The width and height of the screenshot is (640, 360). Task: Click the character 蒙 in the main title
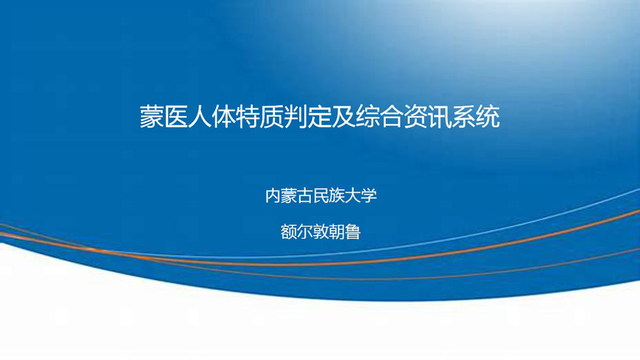pos(152,117)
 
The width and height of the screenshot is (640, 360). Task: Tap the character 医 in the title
pos(176,117)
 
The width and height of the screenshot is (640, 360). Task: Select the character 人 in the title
pos(200,117)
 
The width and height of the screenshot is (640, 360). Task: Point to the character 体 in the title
pos(223,117)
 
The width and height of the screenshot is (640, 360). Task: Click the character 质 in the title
pos(272,117)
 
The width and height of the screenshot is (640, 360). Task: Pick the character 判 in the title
pos(296,117)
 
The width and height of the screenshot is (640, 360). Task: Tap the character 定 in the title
pos(320,117)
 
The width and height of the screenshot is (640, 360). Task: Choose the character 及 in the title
pos(344,117)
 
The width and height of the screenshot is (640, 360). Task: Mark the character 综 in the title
pos(368,117)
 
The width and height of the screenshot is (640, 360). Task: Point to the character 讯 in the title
pos(440,117)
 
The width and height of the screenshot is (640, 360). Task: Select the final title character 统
pos(488,117)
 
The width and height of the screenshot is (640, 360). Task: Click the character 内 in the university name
pos(273,196)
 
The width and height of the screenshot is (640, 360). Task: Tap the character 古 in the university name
pos(305,196)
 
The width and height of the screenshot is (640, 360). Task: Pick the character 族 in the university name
pos(337,196)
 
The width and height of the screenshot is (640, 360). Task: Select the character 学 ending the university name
pos(369,196)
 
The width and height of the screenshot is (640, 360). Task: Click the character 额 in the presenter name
pos(289,232)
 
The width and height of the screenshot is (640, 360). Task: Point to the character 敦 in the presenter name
pos(321,232)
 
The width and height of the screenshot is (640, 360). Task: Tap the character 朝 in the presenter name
pos(337,232)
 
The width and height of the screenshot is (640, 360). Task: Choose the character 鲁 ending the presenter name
pos(353,232)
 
